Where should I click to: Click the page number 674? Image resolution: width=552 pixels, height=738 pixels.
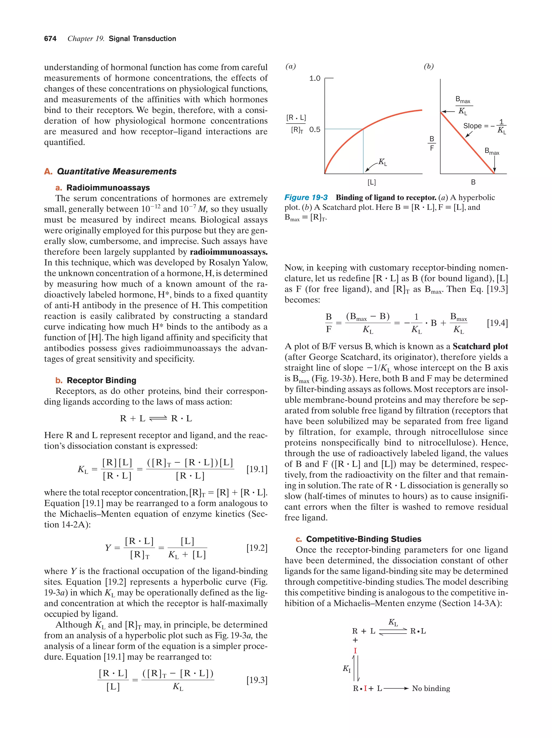[50, 39]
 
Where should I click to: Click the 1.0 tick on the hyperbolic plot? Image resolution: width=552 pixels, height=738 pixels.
[315, 78]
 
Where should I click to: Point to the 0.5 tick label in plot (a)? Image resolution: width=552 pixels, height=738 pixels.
[315, 130]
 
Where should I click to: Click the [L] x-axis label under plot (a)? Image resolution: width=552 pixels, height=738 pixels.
[371, 182]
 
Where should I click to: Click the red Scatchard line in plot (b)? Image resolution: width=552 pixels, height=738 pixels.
[468, 144]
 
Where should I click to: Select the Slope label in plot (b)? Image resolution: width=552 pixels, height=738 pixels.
[472, 126]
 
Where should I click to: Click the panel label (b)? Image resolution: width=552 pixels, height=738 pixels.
[429, 67]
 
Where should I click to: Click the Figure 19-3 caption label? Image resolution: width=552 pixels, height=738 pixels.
[306, 198]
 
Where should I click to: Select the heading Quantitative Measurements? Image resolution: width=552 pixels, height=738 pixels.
[116, 172]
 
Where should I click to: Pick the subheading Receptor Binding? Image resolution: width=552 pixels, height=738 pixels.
[101, 380]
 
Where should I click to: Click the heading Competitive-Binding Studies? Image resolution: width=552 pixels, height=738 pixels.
[363, 539]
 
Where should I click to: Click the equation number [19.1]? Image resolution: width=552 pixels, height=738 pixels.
[257, 469]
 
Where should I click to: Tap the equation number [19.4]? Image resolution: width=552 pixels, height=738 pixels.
[497, 323]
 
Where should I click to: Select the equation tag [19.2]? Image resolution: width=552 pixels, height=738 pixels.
[257, 548]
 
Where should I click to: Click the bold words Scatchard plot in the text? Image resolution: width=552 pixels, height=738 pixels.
[480, 346]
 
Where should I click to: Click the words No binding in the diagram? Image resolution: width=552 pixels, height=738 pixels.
[431, 688]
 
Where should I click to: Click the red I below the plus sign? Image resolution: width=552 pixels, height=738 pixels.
[355, 650]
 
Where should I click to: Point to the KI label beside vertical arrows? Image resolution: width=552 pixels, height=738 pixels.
[347, 668]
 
